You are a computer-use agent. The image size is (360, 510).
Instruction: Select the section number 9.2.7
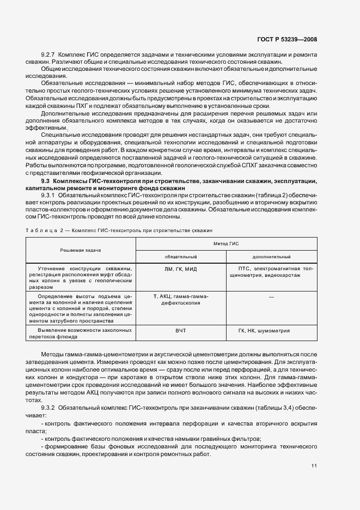(49, 56)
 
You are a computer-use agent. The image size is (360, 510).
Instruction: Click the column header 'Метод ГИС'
(226, 244)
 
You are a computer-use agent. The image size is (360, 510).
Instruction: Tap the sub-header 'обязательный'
(181, 256)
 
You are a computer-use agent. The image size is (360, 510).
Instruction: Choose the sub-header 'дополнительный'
(271, 256)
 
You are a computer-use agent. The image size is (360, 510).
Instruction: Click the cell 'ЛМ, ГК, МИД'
(181, 269)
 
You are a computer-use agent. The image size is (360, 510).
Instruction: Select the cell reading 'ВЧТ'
(181, 331)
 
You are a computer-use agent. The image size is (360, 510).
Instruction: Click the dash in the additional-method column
(271, 296)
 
